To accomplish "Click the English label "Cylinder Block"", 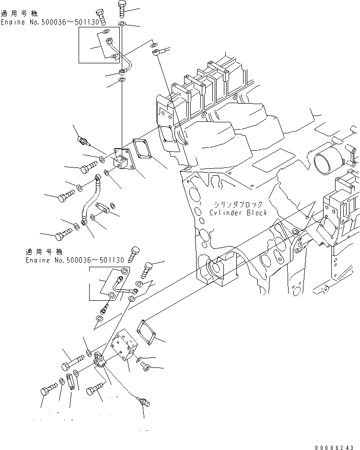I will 238,213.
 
